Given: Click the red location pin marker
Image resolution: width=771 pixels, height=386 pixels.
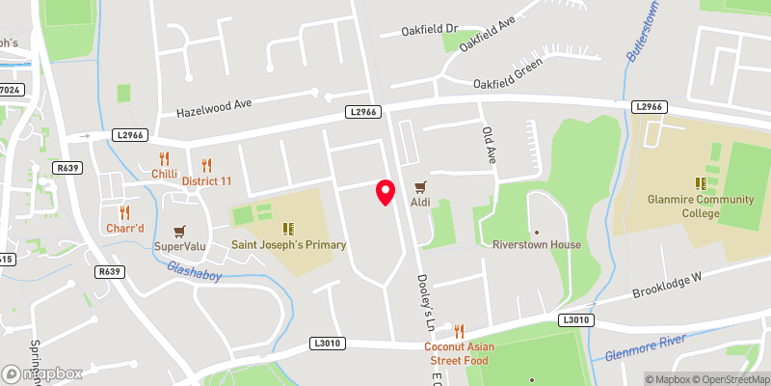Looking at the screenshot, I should pyautogui.click(x=385, y=192).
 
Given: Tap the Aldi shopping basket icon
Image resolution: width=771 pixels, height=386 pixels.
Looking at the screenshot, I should pyautogui.click(x=419, y=187).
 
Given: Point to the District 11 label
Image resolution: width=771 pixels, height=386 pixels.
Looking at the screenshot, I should pyautogui.click(x=214, y=180).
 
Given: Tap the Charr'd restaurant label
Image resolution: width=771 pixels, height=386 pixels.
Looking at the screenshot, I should pyautogui.click(x=124, y=228).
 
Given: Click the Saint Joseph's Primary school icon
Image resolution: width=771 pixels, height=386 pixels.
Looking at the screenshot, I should pyautogui.click(x=287, y=229).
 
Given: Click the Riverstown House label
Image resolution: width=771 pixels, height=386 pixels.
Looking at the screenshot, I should pyautogui.click(x=537, y=244).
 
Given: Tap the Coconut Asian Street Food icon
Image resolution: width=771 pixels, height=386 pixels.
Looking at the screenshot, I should pyautogui.click(x=459, y=331).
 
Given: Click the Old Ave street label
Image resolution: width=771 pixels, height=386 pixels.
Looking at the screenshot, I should pyautogui.click(x=488, y=144).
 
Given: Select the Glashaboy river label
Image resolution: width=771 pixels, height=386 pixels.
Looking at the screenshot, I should pyautogui.click(x=196, y=274).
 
